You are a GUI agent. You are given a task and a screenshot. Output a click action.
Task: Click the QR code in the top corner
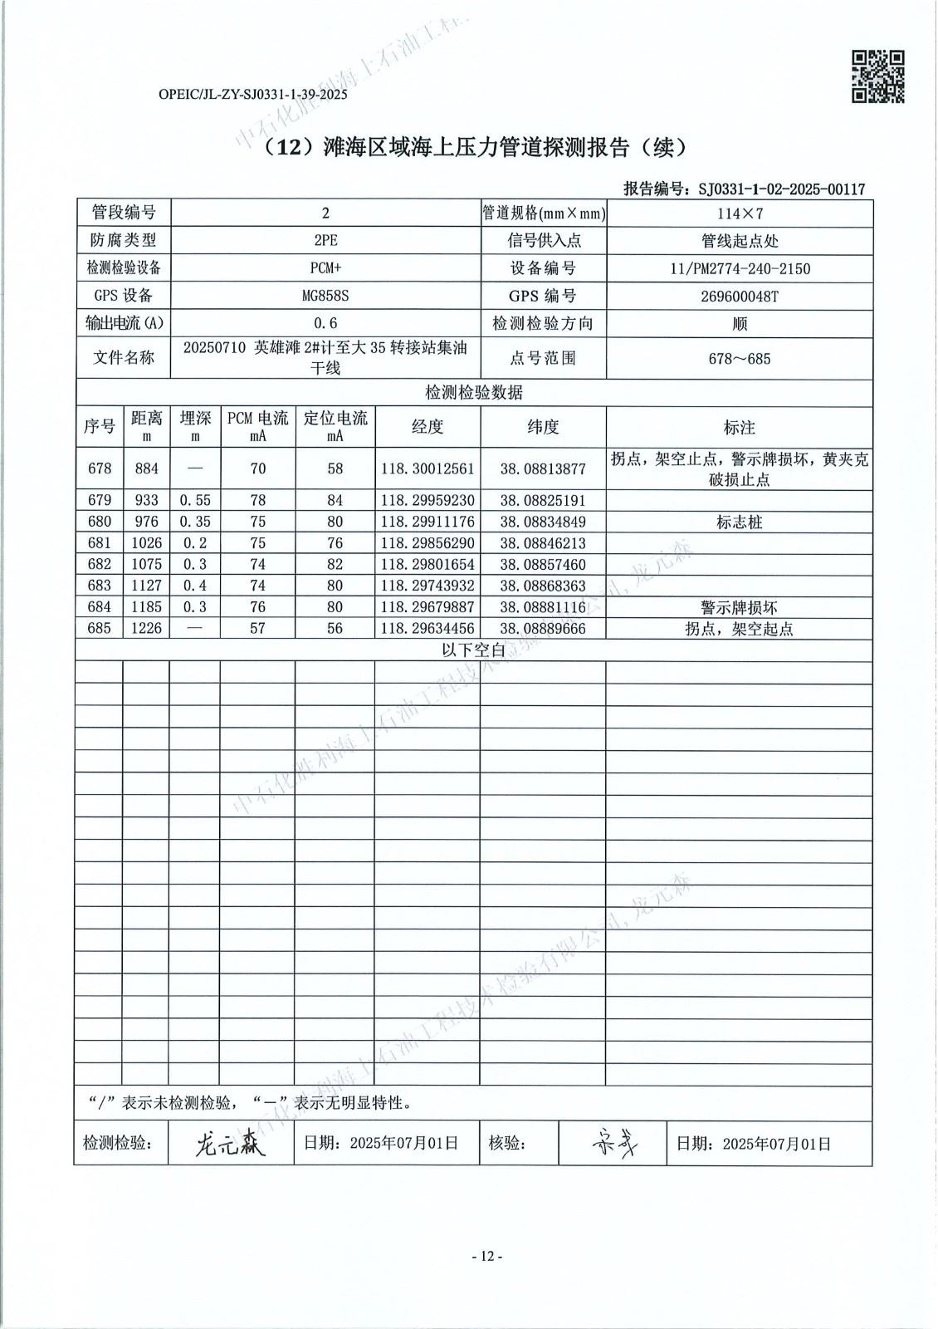click(x=877, y=76)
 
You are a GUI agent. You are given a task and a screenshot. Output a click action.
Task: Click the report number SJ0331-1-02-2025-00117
click(x=781, y=189)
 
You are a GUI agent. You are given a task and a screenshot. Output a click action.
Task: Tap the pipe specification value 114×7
click(x=740, y=213)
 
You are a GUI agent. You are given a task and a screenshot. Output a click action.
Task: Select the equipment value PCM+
click(x=325, y=268)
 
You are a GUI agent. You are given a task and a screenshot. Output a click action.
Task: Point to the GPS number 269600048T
click(x=740, y=297)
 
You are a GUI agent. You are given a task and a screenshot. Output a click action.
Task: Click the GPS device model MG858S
click(x=325, y=297)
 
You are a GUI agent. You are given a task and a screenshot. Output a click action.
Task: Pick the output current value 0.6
click(x=325, y=324)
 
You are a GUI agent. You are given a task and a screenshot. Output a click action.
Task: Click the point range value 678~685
click(x=740, y=359)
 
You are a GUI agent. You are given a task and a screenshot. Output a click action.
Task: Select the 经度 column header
click(x=427, y=427)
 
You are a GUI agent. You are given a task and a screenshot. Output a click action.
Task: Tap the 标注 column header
click(x=739, y=427)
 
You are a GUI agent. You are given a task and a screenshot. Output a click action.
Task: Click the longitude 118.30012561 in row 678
click(x=427, y=468)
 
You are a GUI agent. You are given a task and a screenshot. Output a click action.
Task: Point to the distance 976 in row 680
click(x=146, y=522)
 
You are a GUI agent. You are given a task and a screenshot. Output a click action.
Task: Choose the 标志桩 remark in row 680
click(x=739, y=522)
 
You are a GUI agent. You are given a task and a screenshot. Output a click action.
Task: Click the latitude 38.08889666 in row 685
click(x=543, y=629)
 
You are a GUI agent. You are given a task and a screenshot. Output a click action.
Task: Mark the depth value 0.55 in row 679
click(x=195, y=501)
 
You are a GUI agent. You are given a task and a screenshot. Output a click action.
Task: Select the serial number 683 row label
click(x=100, y=586)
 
